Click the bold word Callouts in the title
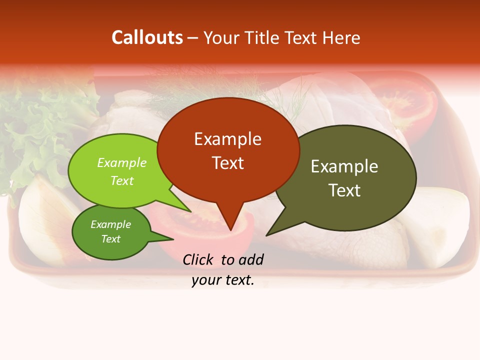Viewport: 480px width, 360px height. tap(147, 37)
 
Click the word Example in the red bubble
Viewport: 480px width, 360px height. tap(227, 139)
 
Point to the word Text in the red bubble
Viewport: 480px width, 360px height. tap(227, 163)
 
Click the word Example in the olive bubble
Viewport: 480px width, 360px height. tap(344, 166)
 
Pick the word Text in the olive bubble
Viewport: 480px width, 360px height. tap(344, 190)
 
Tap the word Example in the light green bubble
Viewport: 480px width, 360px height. tap(122, 163)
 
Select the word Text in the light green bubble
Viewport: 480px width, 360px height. tap(122, 181)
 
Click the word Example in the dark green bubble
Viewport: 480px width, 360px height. tap(110, 225)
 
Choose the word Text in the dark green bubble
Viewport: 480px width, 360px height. tap(110, 239)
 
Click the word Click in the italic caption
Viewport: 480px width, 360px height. tap(199, 260)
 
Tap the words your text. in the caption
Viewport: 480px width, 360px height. tap(223, 280)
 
